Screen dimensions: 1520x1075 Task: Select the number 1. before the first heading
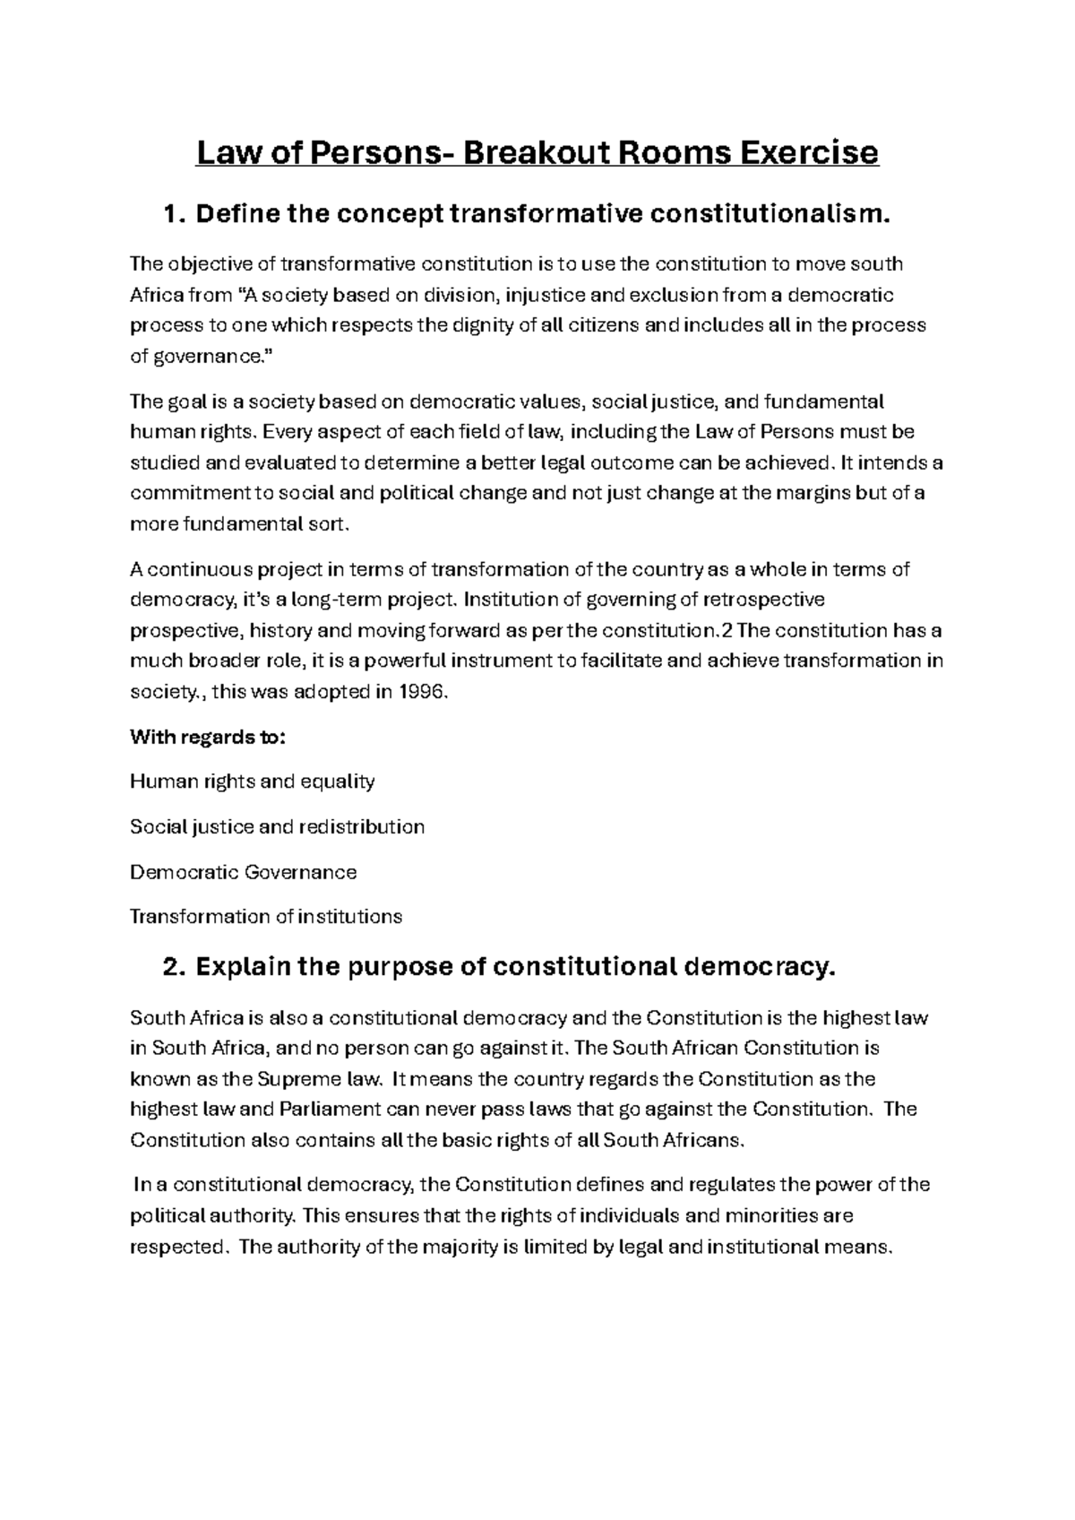tap(174, 214)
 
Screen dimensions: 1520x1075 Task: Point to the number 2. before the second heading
tap(174, 968)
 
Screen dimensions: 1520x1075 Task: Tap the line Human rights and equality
tap(253, 782)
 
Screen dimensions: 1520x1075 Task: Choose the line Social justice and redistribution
tap(278, 826)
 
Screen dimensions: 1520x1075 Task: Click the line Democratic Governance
tap(244, 872)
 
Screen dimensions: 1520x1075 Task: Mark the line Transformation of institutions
tap(266, 917)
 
